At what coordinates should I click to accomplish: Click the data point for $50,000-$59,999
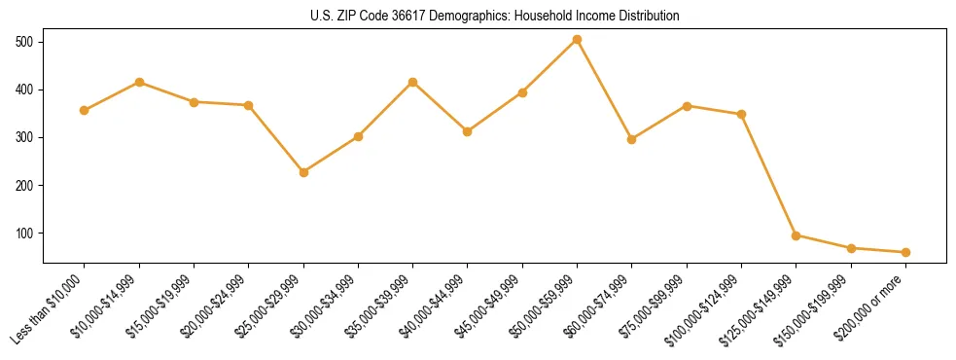577,40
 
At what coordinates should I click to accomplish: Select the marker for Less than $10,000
85,110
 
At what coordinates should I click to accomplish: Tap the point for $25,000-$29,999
303,172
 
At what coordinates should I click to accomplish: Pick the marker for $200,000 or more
905,252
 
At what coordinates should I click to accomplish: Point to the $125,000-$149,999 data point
796,235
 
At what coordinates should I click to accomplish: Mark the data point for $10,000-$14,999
139,82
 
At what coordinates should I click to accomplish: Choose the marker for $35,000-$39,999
412,82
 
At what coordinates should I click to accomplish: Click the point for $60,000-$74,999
631,139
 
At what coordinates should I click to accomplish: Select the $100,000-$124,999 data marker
741,114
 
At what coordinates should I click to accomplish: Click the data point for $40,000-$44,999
468,131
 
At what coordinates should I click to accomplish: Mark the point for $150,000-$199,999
851,248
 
